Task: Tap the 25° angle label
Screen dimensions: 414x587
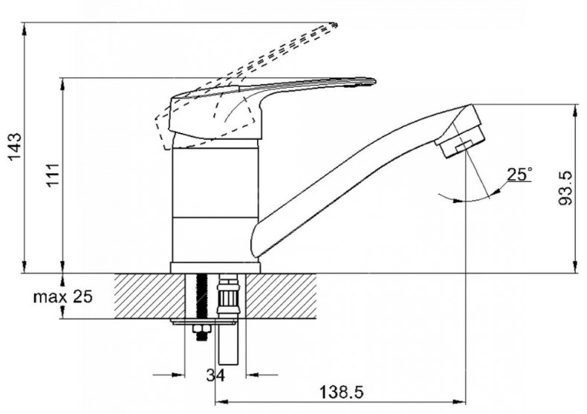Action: click(519, 175)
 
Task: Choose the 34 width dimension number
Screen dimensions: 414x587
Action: click(215, 375)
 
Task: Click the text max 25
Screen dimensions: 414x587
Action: click(63, 297)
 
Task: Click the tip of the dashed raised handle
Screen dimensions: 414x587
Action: click(334, 26)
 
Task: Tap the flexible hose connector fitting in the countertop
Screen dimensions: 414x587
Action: click(228, 297)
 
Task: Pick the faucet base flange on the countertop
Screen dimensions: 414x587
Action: click(215, 268)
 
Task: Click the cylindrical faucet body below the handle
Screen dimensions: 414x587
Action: click(215, 201)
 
